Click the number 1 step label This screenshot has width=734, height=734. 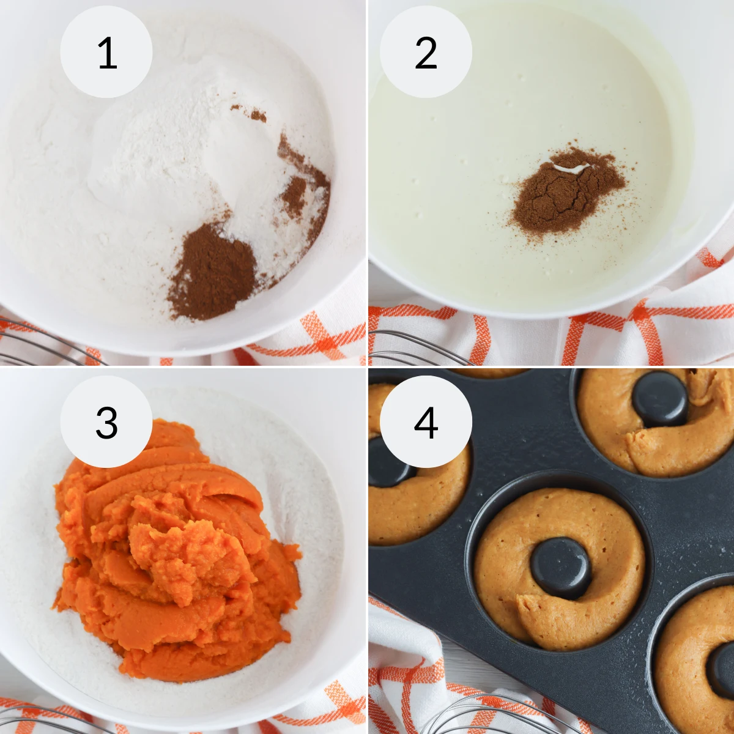click(106, 53)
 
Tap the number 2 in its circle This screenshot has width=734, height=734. click(426, 53)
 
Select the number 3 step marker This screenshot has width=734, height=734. click(106, 422)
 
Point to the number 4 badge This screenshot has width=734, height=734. click(426, 422)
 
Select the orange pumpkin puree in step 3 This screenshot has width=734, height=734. click(177, 550)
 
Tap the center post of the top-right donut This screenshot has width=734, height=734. click(659, 398)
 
